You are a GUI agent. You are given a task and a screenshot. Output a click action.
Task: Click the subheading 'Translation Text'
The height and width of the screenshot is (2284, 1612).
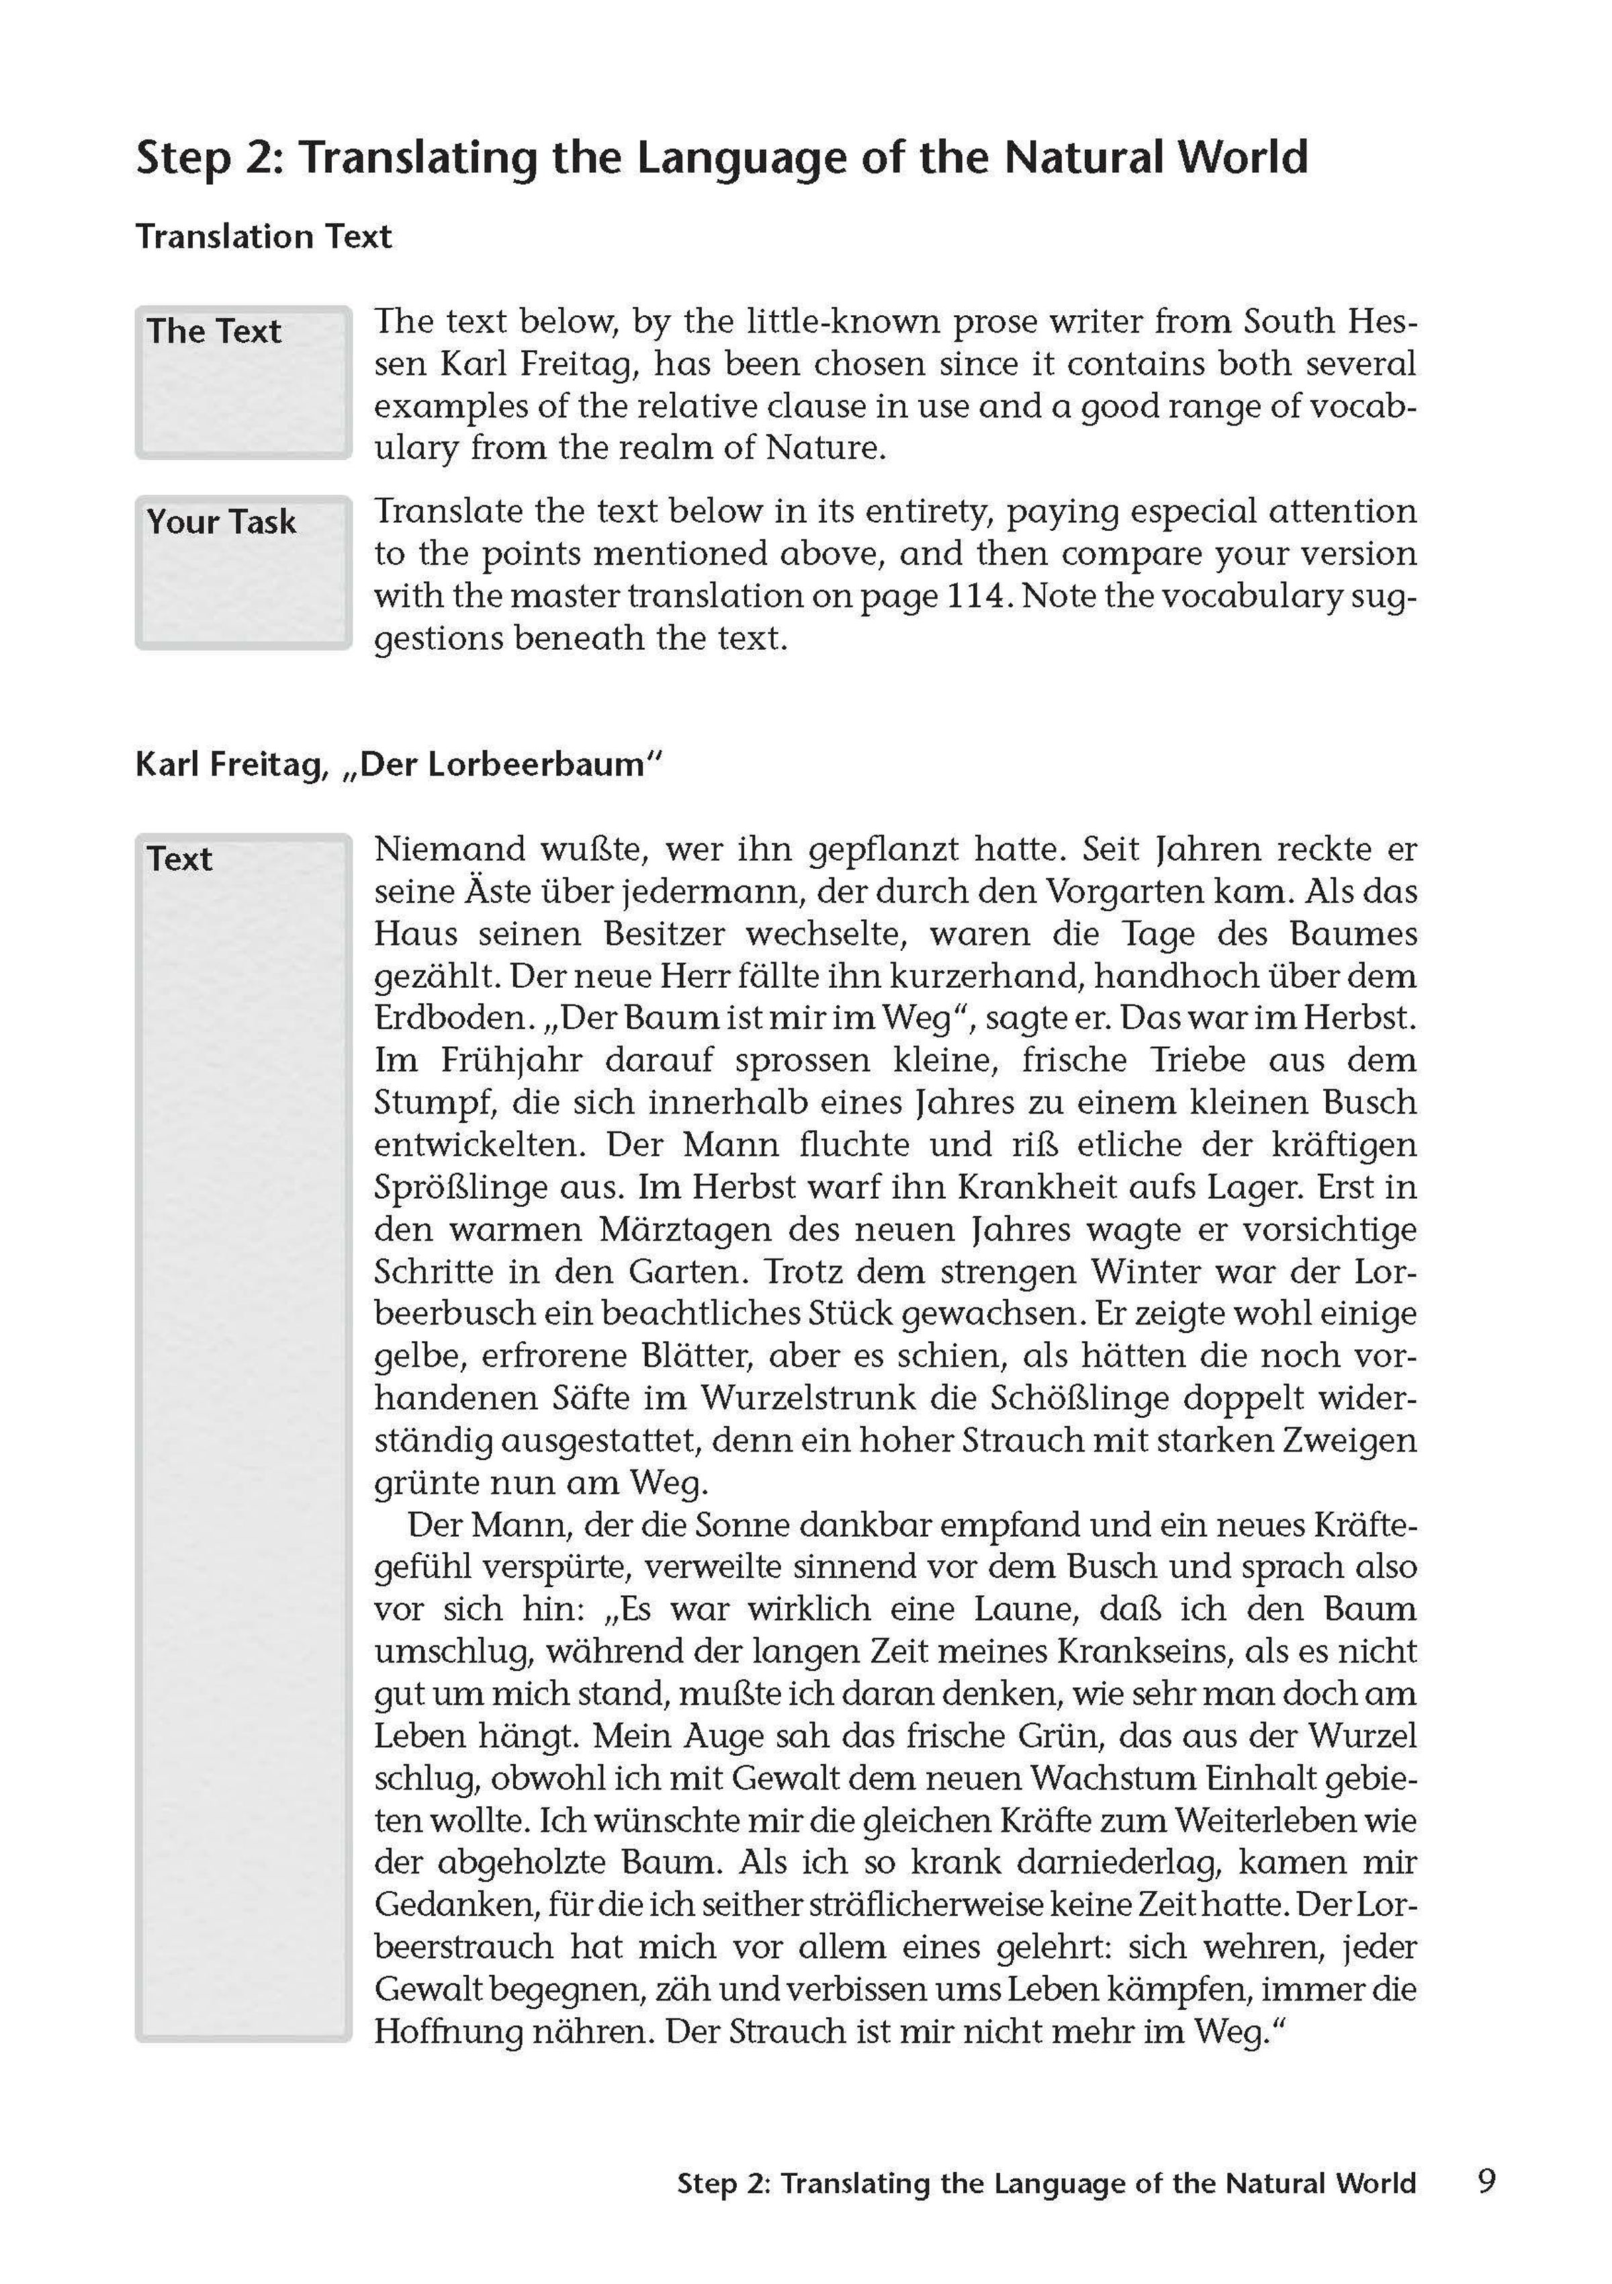coord(263,237)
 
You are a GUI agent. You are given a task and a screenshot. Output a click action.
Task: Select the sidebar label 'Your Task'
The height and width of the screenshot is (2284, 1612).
coord(221,521)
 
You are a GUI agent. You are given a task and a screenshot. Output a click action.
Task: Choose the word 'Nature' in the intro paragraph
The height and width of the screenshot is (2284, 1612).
coord(824,448)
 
